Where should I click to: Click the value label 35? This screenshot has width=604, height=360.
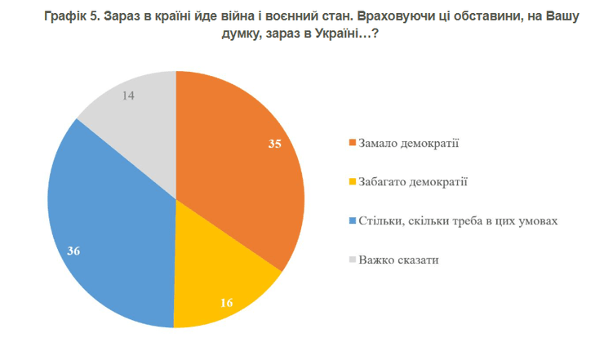click(275, 144)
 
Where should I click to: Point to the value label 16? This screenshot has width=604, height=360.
click(228, 302)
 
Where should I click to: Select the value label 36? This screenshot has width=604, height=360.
click(73, 251)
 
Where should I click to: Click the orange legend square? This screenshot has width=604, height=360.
click(352, 144)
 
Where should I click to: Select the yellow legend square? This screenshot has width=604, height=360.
click(352, 182)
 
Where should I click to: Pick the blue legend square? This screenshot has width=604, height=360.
click(352, 221)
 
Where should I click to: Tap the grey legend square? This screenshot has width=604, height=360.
click(352, 260)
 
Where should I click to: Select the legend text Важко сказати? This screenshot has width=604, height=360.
click(399, 259)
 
